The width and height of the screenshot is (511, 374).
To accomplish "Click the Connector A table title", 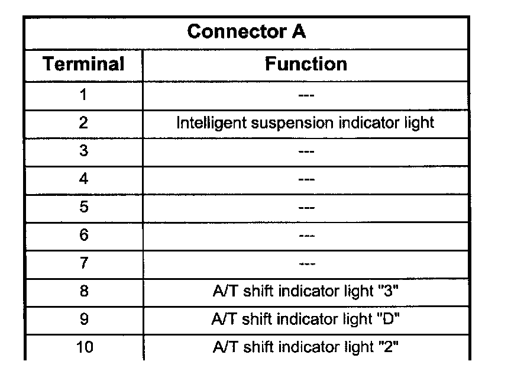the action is (246, 32).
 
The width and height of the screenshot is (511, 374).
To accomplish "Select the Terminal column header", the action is (83, 64).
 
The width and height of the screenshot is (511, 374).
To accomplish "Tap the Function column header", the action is (306, 64).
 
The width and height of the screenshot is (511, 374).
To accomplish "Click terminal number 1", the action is (83, 95).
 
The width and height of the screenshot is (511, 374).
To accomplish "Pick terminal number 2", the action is (83, 123).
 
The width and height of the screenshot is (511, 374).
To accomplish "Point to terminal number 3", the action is (83, 151).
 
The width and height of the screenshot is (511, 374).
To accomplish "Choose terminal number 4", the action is (83, 179).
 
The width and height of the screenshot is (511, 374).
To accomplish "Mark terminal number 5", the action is (83, 208).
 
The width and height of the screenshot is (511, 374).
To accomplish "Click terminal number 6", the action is (83, 236).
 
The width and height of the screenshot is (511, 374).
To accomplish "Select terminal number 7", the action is (83, 263).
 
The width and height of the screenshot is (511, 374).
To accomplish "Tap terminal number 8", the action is (83, 292).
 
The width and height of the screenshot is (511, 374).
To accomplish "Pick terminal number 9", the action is (83, 320).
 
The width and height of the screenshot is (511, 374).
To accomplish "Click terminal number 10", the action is (85, 347).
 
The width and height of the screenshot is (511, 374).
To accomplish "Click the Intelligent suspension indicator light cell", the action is (306, 123).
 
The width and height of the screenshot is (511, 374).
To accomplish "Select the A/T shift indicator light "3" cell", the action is (306, 292).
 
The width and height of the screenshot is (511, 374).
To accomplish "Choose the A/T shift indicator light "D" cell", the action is (306, 320).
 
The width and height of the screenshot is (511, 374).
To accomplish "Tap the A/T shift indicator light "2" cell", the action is (306, 347).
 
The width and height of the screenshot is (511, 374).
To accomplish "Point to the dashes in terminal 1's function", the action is (306, 95).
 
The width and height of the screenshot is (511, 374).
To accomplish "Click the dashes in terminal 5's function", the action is (306, 208).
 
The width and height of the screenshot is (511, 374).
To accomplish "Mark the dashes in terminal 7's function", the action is (306, 263).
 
